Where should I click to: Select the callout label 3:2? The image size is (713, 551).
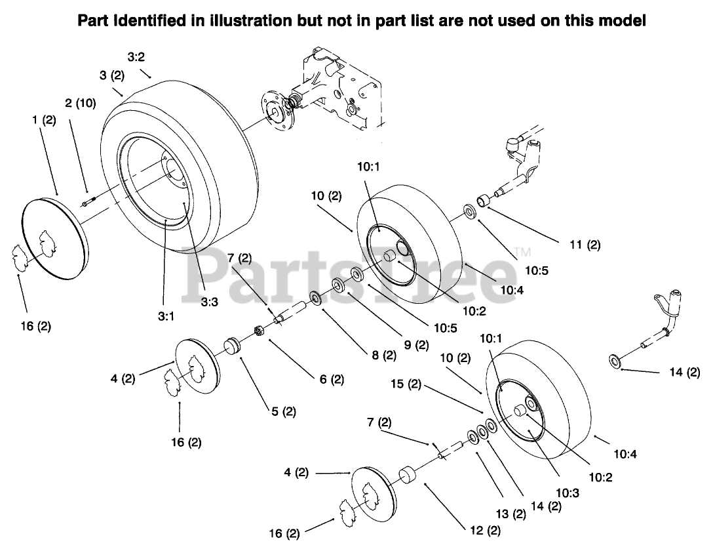pyautogui.click(x=136, y=57)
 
